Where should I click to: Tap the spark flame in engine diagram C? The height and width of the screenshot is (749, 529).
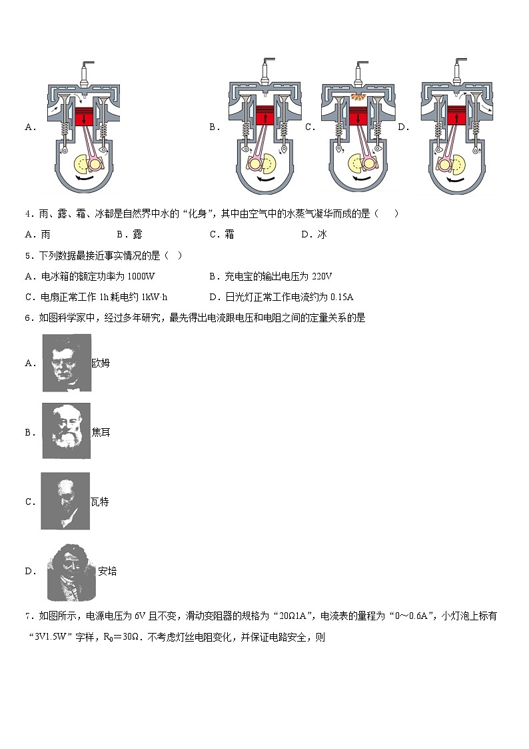click(x=357, y=97)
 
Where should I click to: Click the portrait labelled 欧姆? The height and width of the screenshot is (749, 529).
click(x=67, y=363)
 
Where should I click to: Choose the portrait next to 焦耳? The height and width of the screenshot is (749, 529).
click(x=67, y=431)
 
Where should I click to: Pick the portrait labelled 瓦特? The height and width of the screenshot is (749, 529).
click(x=65, y=501)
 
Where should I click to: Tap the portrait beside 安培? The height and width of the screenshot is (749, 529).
click(x=72, y=571)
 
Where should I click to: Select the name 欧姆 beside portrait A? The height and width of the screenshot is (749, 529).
click(x=101, y=363)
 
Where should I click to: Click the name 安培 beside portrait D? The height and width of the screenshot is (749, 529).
click(x=107, y=571)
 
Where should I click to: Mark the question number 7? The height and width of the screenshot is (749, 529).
click(x=28, y=616)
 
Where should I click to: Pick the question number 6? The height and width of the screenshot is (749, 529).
click(x=28, y=318)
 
